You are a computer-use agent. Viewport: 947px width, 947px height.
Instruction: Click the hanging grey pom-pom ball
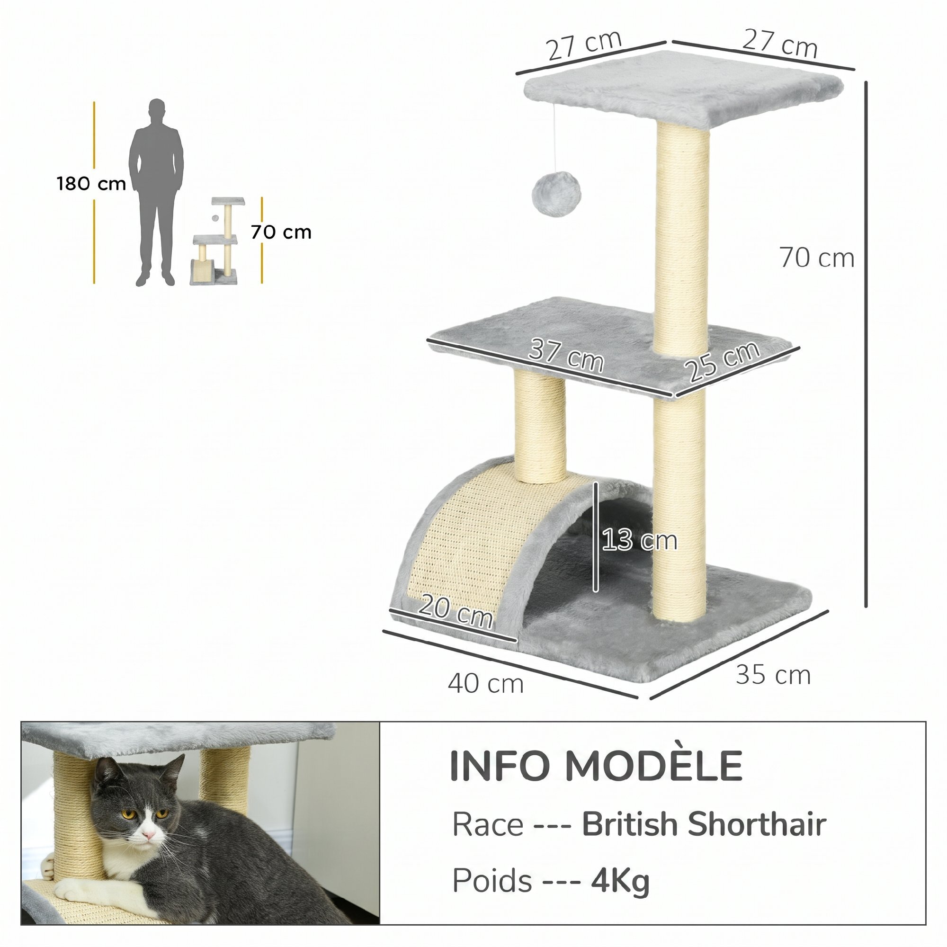coord(556,194)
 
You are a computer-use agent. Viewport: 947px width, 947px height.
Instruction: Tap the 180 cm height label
coord(91,184)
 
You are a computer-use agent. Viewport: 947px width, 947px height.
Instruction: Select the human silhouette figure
coord(156,193)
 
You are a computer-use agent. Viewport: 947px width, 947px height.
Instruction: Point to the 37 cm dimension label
coord(566,357)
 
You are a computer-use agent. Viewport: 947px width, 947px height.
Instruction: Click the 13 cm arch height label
coord(640,540)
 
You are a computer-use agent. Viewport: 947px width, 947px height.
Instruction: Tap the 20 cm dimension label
coord(456,612)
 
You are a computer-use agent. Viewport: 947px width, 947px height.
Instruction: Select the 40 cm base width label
coord(486,684)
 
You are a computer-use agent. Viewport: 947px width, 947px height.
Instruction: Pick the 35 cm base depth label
coord(773,675)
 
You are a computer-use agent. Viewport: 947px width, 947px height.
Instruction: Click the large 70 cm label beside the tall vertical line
coord(817,258)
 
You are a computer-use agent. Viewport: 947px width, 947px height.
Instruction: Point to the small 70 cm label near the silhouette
coord(281,232)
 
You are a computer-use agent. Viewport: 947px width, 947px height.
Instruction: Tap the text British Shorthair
coord(705,824)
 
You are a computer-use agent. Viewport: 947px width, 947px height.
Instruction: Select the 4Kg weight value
coord(620,881)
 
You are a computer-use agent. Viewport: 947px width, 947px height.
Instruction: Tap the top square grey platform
coord(683,88)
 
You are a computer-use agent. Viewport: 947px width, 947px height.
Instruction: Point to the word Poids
coord(491,881)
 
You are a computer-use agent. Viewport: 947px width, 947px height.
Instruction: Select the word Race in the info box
coord(487,824)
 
